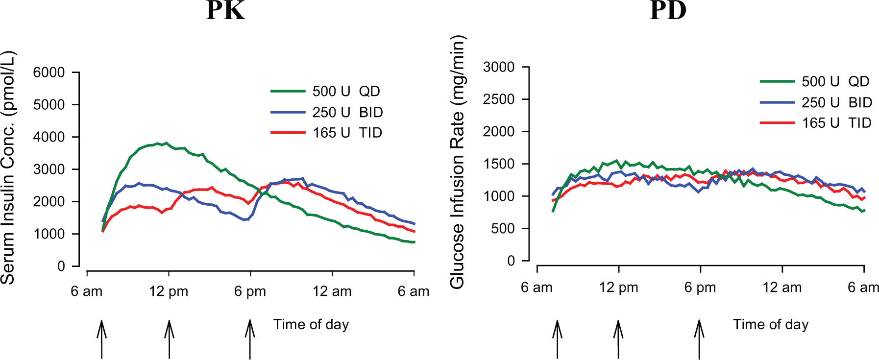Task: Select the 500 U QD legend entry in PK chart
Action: [x=325, y=91]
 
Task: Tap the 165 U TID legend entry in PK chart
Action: [x=326, y=133]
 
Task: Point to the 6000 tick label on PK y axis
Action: [x=49, y=72]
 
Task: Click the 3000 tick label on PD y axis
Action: [x=499, y=67]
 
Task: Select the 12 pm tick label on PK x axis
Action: [x=169, y=291]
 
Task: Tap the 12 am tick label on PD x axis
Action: [x=782, y=288]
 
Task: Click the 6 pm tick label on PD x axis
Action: [x=700, y=288]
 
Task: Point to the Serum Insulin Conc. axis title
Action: [x=8, y=168]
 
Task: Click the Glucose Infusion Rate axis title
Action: [x=458, y=162]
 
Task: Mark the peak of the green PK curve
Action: [x=166, y=143]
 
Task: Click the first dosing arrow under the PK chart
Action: [x=101, y=339]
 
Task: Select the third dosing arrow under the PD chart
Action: [x=699, y=339]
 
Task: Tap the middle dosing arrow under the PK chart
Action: [x=169, y=339]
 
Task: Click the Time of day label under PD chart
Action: [x=771, y=325]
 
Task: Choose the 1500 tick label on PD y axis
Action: [x=499, y=164]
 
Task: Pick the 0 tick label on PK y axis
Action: [x=61, y=266]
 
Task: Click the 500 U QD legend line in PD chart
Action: [x=777, y=81]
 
